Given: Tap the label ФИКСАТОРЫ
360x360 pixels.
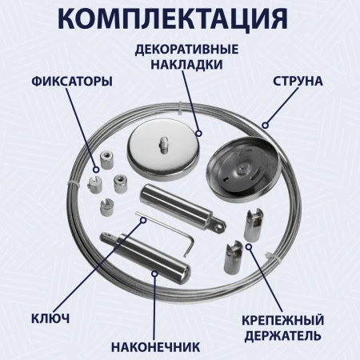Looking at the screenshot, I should coord(71,82).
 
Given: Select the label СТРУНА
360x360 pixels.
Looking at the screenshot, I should coord(298,82).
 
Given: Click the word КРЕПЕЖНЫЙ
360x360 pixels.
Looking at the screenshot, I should coord(282,318).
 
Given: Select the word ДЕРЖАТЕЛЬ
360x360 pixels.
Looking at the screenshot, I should coord(282,334).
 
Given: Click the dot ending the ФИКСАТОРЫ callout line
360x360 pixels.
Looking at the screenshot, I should coord(96,168).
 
